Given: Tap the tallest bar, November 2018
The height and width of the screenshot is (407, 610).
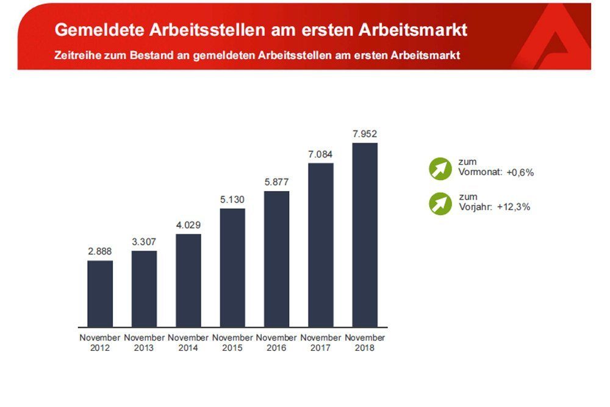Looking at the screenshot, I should tap(365, 234).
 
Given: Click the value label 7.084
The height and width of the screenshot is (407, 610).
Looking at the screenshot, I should tap(320, 154).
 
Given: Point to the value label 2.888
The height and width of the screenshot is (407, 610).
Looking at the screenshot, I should tap(100, 251).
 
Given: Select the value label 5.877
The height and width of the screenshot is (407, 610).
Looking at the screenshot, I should tap(276, 182).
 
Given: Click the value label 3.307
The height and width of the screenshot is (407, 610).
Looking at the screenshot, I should tap(144, 242).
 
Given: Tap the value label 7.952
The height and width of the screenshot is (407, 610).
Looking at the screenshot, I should tap(365, 133).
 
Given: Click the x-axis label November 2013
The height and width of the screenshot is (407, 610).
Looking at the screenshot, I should tap(144, 342).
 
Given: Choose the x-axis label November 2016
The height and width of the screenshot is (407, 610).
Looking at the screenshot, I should tap(276, 342).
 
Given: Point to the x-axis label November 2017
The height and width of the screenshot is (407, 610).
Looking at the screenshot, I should tap(320, 342).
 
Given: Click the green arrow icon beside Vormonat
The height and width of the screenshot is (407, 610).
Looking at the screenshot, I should tap(439, 168).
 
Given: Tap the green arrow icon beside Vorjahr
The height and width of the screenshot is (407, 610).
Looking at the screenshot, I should tap(439, 203).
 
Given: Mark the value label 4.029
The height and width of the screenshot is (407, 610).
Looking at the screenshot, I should tap(188, 225).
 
